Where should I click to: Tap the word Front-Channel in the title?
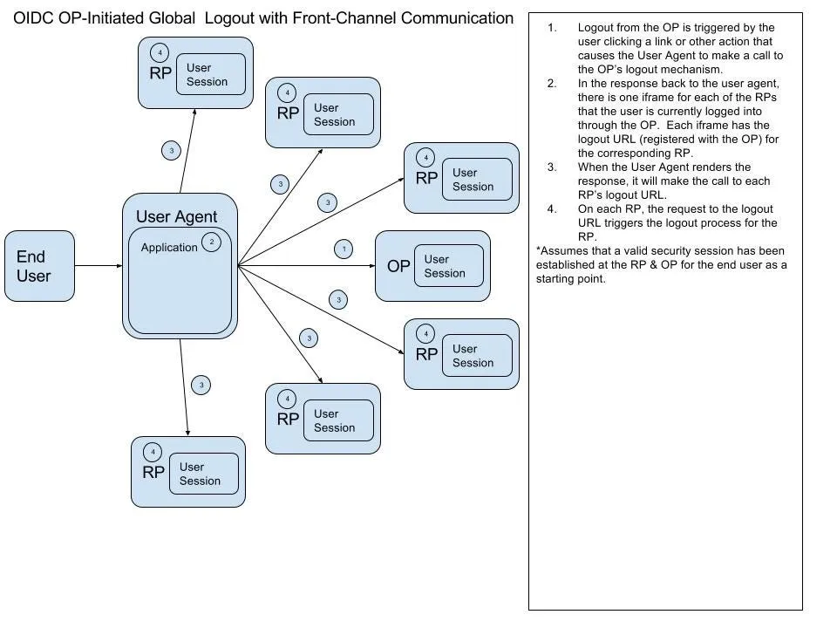point(344,18)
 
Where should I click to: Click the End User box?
point(39,266)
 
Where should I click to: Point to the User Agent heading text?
point(177,217)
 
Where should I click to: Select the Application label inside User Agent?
point(169,247)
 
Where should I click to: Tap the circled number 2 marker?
point(211,242)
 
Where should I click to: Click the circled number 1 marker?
point(344,249)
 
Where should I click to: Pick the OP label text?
point(398,267)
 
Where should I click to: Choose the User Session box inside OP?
point(449,266)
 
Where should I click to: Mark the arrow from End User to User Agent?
point(99,266)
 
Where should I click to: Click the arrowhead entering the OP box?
point(372,266)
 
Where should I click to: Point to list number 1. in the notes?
point(552,28)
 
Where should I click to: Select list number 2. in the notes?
point(552,84)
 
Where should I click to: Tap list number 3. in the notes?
point(552,167)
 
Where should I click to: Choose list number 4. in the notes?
point(552,208)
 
